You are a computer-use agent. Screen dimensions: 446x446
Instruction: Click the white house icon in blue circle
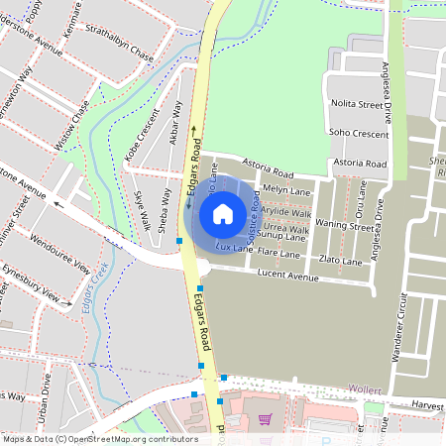click(x=223, y=213)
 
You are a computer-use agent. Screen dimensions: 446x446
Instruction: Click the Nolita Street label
click(x=357, y=103)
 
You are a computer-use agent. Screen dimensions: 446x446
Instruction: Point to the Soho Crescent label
click(x=358, y=132)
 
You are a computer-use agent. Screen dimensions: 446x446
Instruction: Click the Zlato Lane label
click(x=341, y=261)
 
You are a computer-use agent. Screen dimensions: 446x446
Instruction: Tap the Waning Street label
click(x=344, y=226)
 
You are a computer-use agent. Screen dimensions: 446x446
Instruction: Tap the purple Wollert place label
click(x=364, y=390)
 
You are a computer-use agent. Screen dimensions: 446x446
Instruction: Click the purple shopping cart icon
click(x=264, y=419)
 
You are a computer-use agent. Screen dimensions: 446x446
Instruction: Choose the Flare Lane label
click(x=279, y=254)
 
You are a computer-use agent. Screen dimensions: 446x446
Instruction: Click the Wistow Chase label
click(x=73, y=124)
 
